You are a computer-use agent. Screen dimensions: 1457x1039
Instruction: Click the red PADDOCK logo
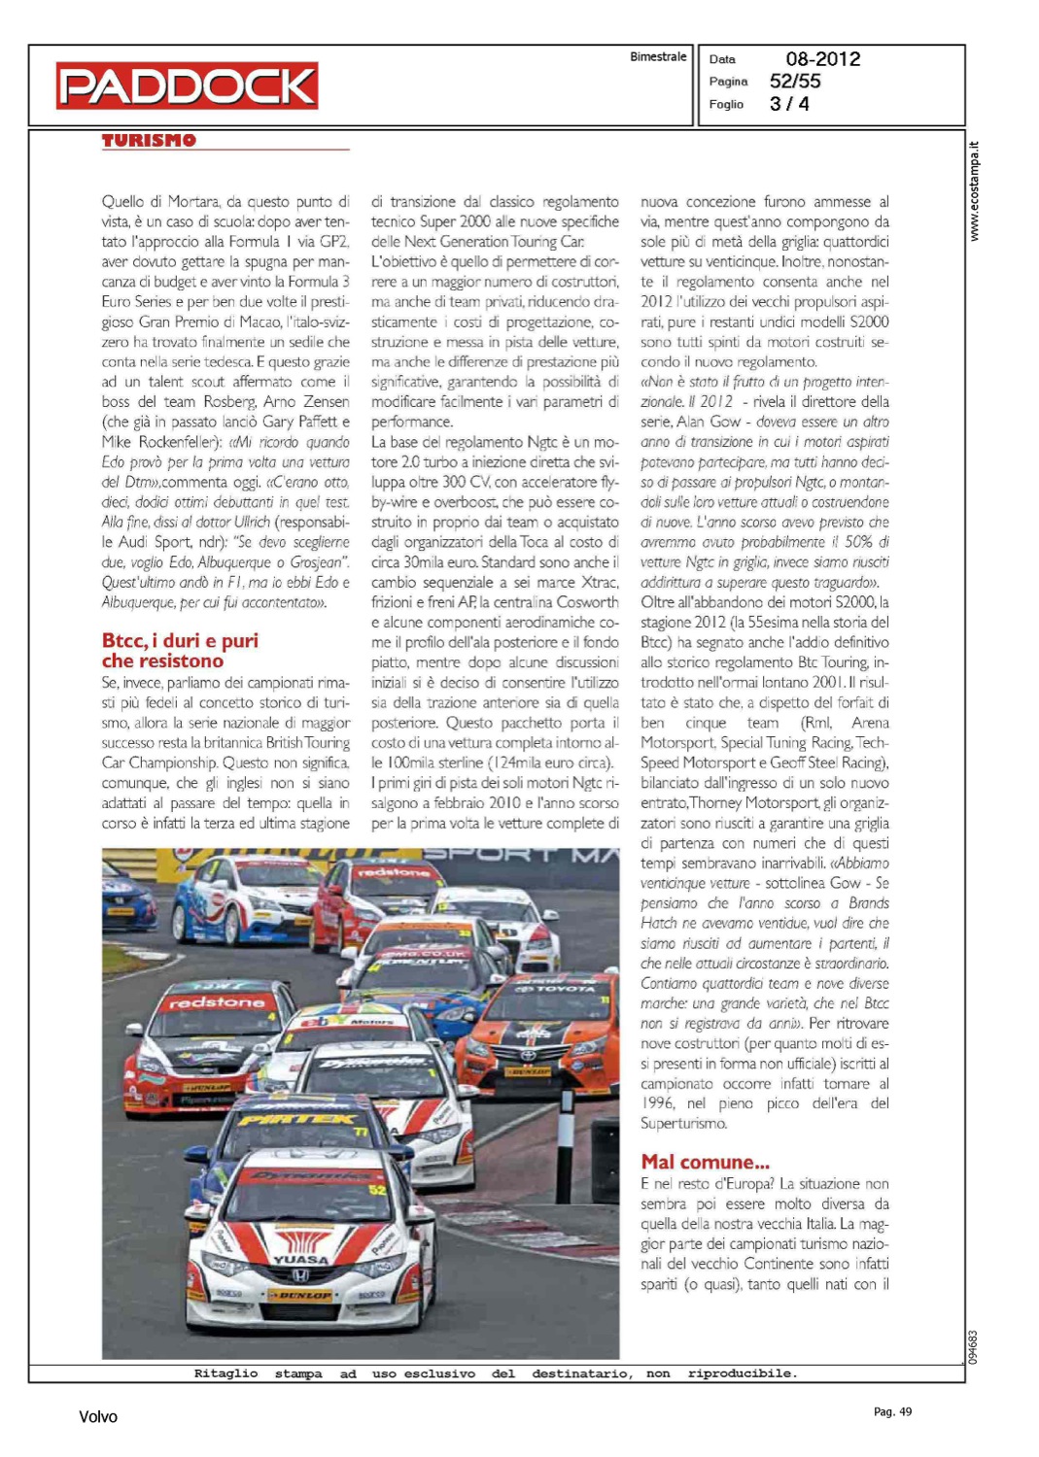click(x=187, y=85)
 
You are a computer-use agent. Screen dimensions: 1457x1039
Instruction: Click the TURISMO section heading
click(x=149, y=141)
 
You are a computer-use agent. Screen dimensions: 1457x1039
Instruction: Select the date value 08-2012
click(x=822, y=59)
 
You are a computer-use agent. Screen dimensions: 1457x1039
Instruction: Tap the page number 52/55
click(x=794, y=82)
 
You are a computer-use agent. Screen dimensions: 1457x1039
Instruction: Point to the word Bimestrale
click(x=658, y=57)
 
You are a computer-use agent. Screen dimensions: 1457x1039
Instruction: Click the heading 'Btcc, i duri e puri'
click(x=180, y=640)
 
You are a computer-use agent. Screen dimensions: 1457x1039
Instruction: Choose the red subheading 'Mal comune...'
click(x=705, y=1162)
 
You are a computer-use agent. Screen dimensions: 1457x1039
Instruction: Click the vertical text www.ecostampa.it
click(x=974, y=191)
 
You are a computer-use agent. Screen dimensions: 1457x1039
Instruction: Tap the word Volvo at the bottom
click(x=98, y=1417)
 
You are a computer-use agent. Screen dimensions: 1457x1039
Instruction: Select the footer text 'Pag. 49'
click(x=892, y=1411)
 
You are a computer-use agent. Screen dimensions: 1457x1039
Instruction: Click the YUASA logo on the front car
click(x=300, y=1259)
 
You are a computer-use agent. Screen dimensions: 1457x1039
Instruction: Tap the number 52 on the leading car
click(x=377, y=1189)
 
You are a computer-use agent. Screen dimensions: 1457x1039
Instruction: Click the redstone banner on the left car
click(x=216, y=1002)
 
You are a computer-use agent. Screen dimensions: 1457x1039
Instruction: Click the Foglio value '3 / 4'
click(x=789, y=104)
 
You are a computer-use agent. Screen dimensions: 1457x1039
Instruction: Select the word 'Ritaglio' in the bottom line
click(x=225, y=1373)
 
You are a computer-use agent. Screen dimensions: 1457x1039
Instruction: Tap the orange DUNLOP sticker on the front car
click(x=300, y=1295)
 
